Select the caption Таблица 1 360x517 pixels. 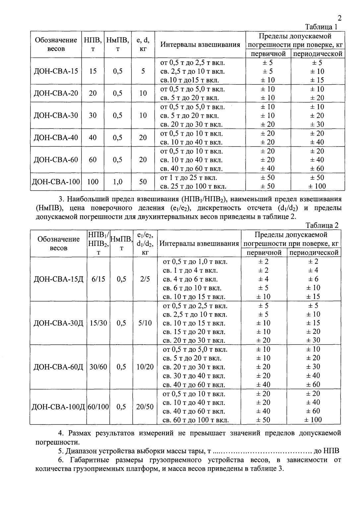coord(321,27)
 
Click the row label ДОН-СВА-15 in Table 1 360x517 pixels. coord(56,71)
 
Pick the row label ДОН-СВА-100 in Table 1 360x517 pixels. coord(56,182)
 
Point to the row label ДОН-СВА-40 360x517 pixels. coord(56,138)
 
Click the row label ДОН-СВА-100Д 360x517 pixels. coord(58,407)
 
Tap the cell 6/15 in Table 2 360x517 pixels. coord(98,279)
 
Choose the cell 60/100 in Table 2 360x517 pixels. coord(98,407)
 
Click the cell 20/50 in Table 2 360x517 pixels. coord(145,407)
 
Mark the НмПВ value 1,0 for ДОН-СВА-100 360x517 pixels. coord(117,182)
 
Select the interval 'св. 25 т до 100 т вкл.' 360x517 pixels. coord(193,186)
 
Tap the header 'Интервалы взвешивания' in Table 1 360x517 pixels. coord(200,44)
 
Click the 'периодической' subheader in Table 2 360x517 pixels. coord(314,253)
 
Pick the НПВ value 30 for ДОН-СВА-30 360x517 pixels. coord(93,115)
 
